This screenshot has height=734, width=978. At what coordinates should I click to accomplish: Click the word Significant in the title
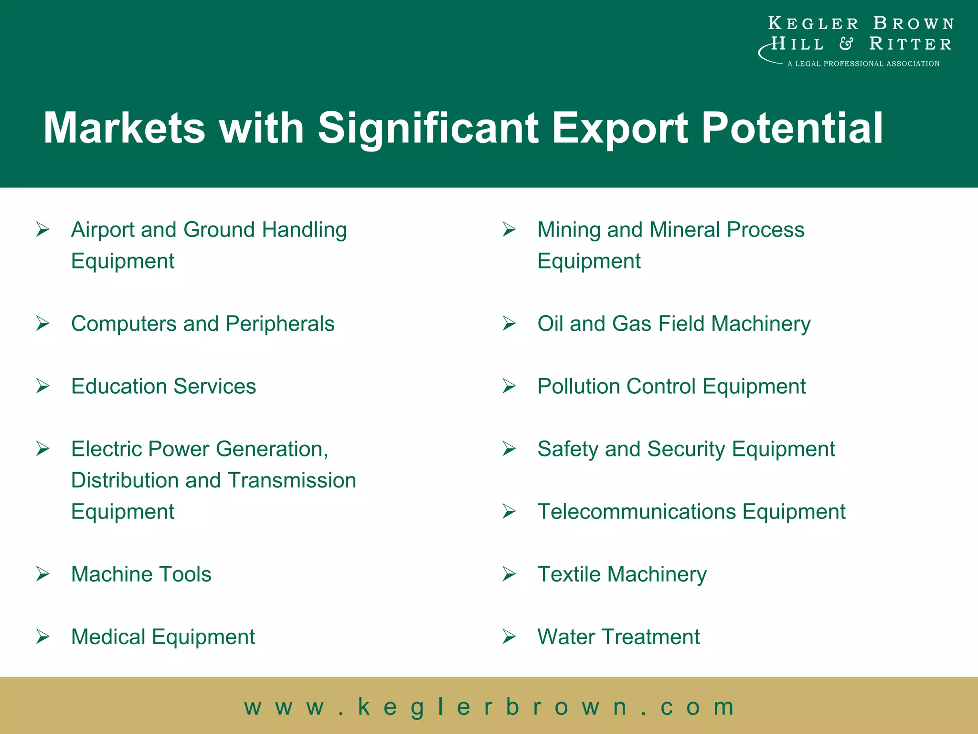click(428, 128)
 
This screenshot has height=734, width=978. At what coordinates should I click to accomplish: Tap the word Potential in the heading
click(792, 128)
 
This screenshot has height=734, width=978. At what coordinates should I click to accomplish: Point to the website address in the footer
click(489, 706)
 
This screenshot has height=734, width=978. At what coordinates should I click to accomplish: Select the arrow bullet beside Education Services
click(43, 386)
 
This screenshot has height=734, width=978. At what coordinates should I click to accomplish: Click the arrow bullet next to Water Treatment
click(509, 637)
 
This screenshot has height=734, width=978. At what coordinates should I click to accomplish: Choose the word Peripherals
click(280, 324)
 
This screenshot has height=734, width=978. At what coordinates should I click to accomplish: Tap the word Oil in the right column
click(550, 324)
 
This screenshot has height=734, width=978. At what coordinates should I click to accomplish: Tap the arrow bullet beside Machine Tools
click(43, 573)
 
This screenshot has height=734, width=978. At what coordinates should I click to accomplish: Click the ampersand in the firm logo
click(846, 44)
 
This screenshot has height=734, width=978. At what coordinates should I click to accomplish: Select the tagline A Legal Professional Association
click(863, 64)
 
